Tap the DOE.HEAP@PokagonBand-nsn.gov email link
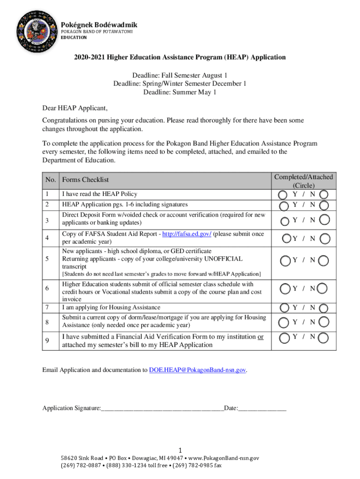(x=197, y=370)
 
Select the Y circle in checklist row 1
(x=282, y=194)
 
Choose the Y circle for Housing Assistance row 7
(x=284, y=308)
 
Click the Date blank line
(x=262, y=408)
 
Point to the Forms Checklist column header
(x=85, y=180)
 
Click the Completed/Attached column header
(x=303, y=181)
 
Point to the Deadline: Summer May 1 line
(x=180, y=92)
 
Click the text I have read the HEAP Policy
(x=100, y=194)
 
